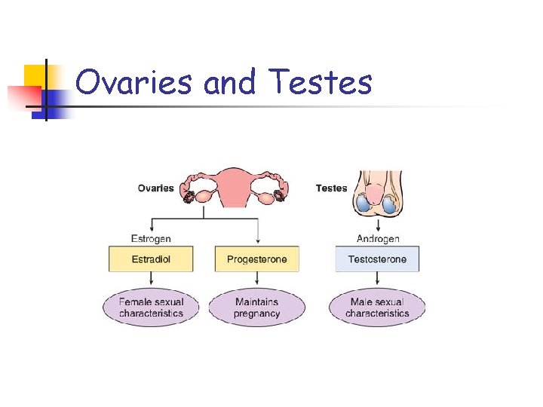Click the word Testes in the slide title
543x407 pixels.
point(320,82)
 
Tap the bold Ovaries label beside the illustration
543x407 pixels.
point(155,188)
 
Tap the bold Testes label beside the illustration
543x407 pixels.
point(332,188)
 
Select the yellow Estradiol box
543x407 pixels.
point(152,259)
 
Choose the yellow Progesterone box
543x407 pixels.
point(256,259)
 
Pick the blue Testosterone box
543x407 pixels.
point(377,259)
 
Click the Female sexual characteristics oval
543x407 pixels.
point(151,308)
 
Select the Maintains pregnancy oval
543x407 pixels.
point(256,308)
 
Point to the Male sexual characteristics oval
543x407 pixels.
point(377,308)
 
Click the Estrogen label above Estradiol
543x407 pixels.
point(151,239)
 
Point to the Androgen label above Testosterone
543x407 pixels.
point(377,239)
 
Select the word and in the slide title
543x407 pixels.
point(230,82)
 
